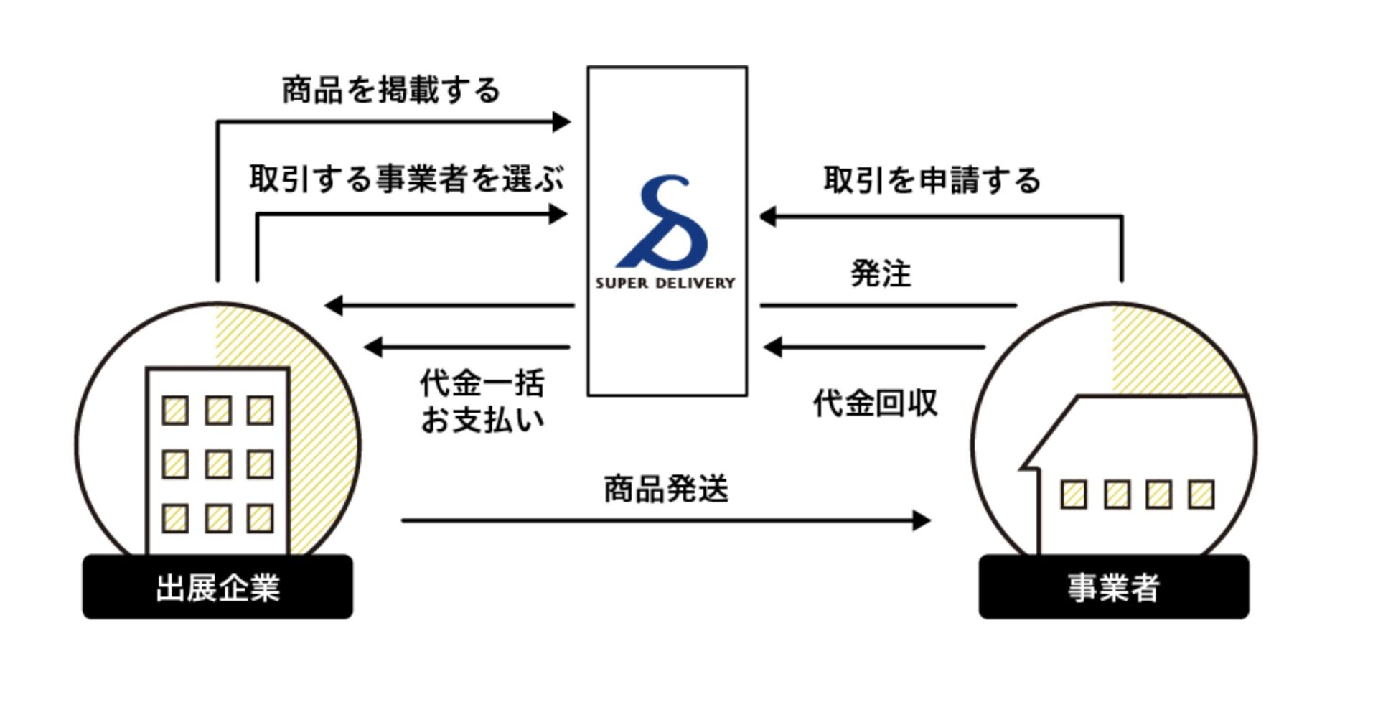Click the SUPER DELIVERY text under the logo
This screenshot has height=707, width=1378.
pos(665,283)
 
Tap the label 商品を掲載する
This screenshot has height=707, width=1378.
pos(390,90)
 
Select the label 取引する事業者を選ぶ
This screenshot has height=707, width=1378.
pos(406,179)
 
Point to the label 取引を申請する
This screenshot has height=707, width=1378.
pos(931,180)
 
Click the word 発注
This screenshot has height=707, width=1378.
pos(881,273)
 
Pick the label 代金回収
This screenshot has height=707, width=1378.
pos(875,403)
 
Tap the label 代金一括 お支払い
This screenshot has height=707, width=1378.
pos(482,402)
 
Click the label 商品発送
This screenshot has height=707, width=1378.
pos(665,490)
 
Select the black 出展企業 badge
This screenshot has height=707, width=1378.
pos(217,587)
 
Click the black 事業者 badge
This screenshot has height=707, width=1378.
pos(1113,587)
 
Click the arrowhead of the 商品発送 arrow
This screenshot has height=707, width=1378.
pos(922,520)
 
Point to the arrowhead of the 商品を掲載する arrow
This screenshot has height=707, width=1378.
pos(561,122)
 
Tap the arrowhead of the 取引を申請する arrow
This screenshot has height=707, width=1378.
pos(768,216)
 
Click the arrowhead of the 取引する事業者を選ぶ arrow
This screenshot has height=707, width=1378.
pos(558,214)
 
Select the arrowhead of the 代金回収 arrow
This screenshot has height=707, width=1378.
pos(772,347)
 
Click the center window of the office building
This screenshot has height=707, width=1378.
pos(218,464)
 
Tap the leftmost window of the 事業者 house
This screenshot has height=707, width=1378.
pos(1074,495)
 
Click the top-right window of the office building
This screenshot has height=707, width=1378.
pos(260,411)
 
